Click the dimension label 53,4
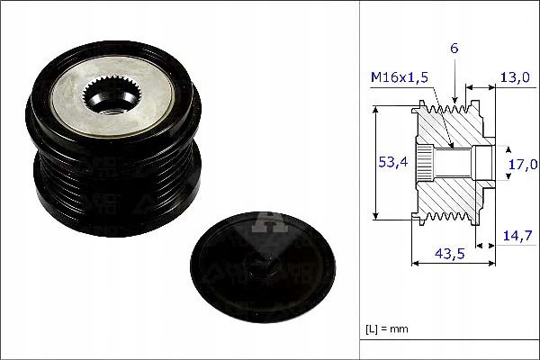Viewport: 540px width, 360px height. tap(392, 162)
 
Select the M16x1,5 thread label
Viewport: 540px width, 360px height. tap(400, 77)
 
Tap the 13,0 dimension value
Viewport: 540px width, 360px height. tap(515, 77)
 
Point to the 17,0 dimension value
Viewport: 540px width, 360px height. tap(523, 165)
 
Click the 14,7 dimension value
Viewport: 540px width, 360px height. tap(517, 236)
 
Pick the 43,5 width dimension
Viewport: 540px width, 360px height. tap(449, 254)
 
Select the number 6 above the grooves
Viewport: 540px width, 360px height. tap(454, 49)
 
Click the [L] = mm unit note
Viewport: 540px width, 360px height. tap(387, 329)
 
